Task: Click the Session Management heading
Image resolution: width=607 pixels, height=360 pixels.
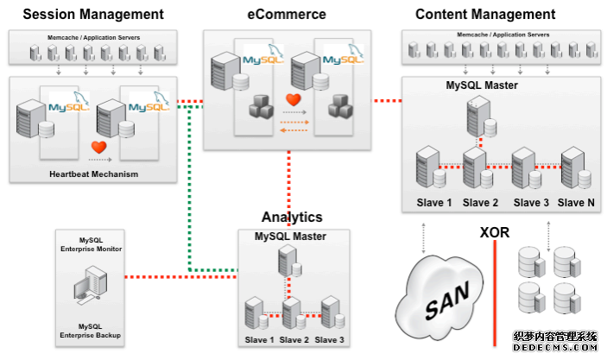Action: click(x=92, y=14)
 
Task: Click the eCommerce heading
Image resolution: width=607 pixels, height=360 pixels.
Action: click(x=288, y=14)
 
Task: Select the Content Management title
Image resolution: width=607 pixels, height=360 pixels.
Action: click(x=485, y=14)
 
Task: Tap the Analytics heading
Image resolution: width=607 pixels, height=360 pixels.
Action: click(x=292, y=218)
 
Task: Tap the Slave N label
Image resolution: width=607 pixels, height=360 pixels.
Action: click(x=577, y=202)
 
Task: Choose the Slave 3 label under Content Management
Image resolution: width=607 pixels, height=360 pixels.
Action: click(x=530, y=202)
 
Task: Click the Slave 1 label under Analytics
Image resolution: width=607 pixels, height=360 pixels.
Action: click(x=259, y=339)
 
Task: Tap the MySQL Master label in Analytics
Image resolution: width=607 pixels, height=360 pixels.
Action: click(x=291, y=236)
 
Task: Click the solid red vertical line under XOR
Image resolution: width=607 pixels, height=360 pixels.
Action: click(x=495, y=294)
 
